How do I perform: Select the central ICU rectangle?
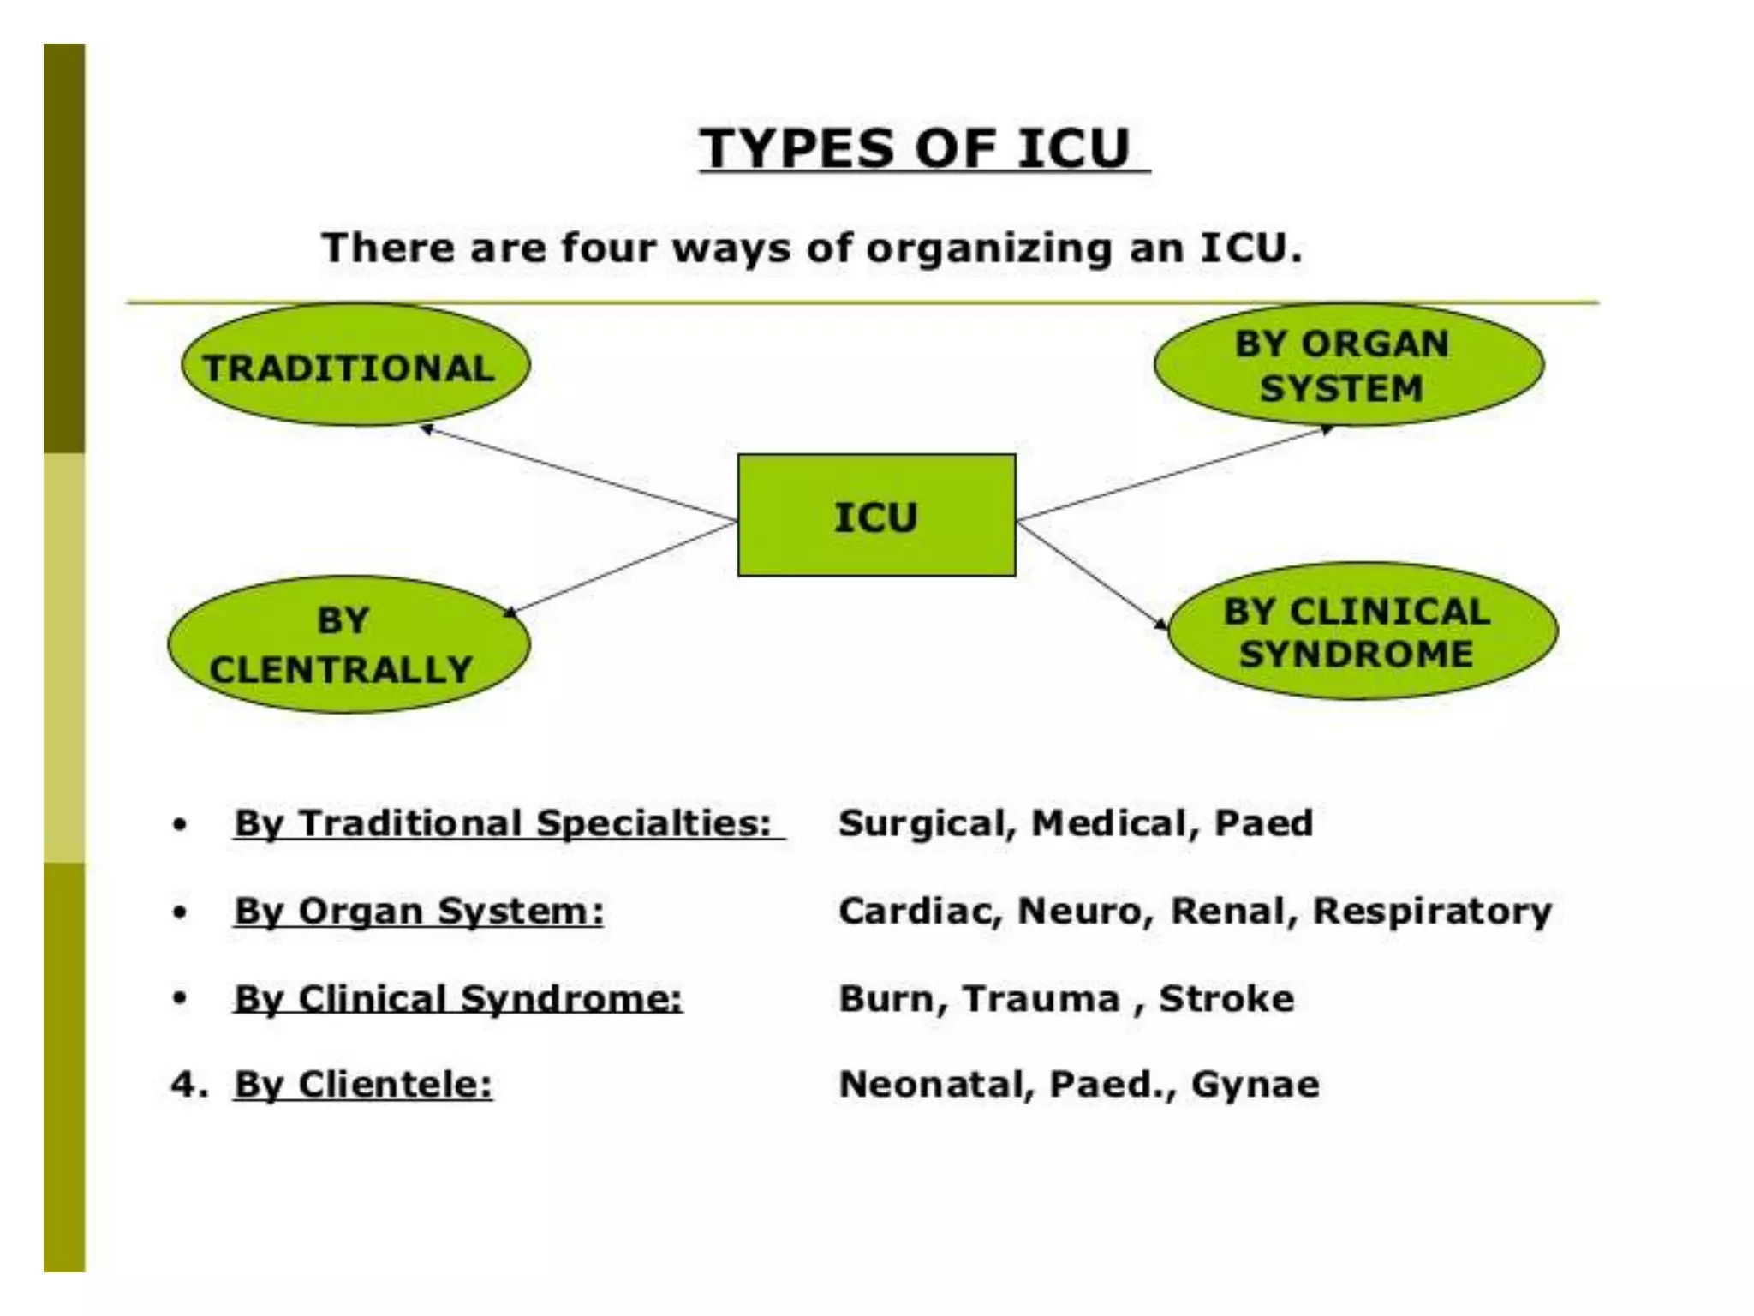pyautogui.click(x=876, y=515)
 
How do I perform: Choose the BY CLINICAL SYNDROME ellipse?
pyautogui.click(x=1362, y=632)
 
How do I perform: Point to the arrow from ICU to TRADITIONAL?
pyautogui.click(x=579, y=474)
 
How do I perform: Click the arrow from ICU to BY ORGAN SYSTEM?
pyautogui.click(x=1173, y=474)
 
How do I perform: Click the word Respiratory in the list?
pyautogui.click(x=1432, y=911)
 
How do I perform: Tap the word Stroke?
pyautogui.click(x=1226, y=999)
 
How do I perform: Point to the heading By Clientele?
pyautogui.click(x=363, y=1085)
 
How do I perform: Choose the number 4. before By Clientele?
pyautogui.click(x=188, y=1085)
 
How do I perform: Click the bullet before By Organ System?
pyautogui.click(x=179, y=912)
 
